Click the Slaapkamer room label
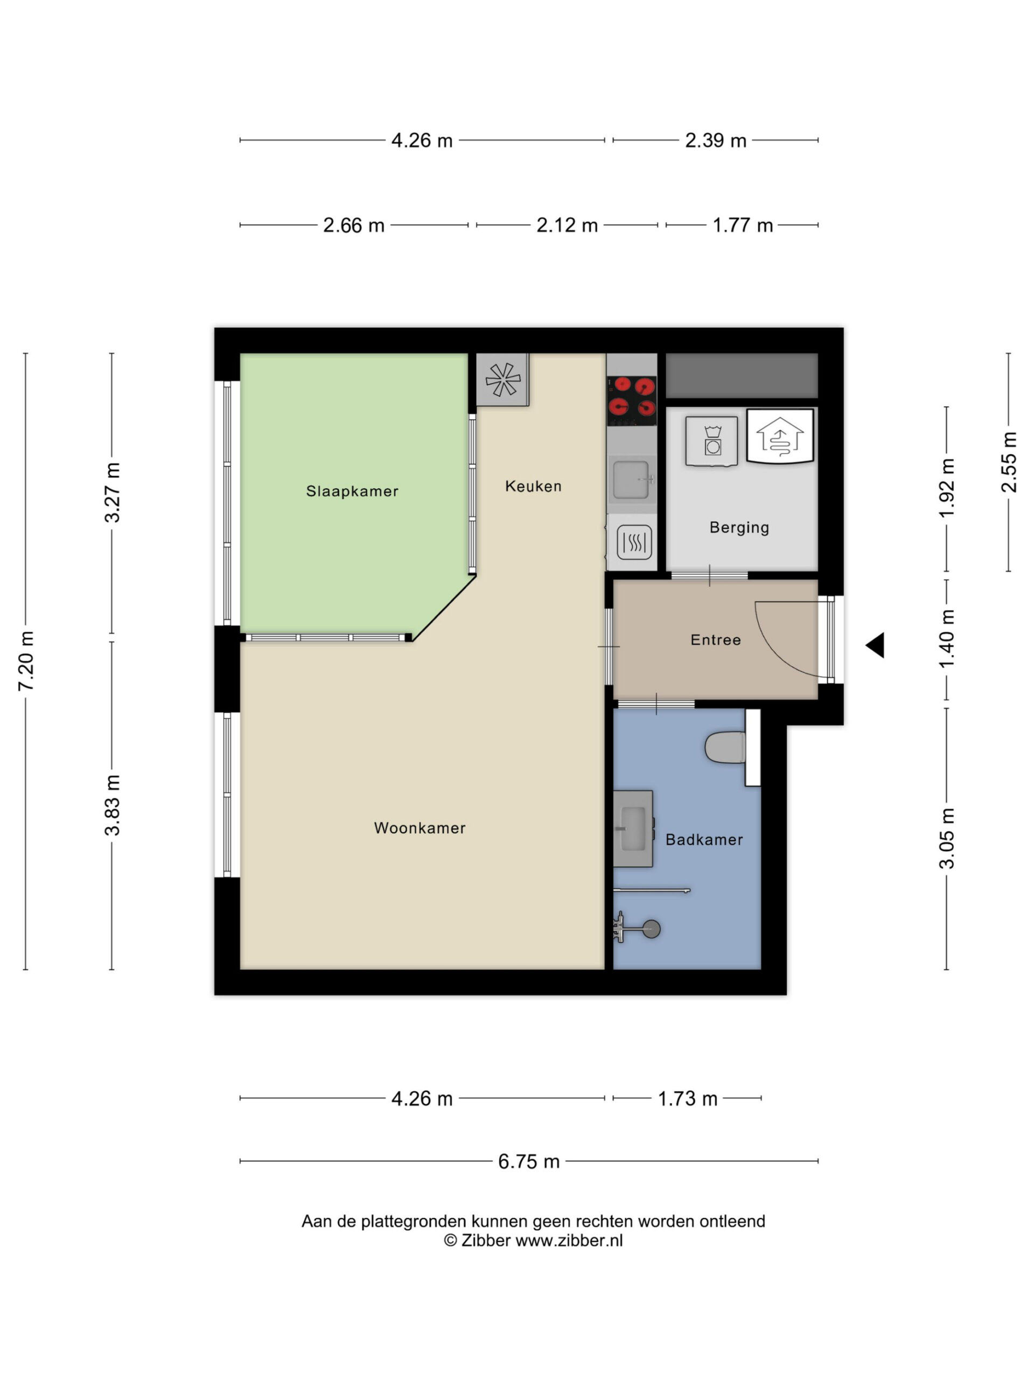coord(352,491)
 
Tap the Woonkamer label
coord(420,828)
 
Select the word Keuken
coord(533,486)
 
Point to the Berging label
coord(739,528)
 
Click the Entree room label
coord(716,639)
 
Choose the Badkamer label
coord(704,840)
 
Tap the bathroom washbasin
coord(633,828)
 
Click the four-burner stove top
coord(631,401)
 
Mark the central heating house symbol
coord(780,436)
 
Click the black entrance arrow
coord(875,645)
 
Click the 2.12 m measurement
coord(567,225)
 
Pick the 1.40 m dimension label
coord(947,639)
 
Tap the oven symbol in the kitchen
coord(634,542)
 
